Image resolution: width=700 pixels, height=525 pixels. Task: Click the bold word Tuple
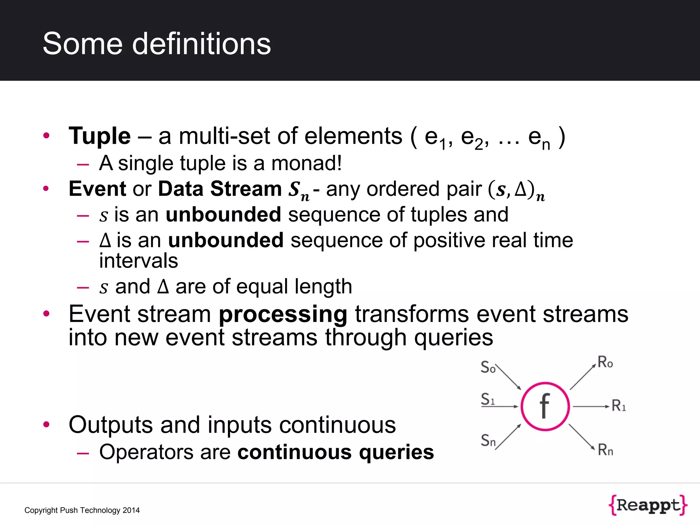tap(99, 136)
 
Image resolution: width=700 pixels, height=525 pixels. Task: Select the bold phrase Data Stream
tap(220, 189)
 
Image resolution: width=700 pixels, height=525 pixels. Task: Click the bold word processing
tap(283, 314)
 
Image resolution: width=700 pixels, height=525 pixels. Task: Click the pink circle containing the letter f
tap(545, 406)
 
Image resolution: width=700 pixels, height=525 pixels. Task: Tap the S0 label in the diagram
tap(488, 367)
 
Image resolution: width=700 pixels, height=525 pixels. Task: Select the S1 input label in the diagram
tap(488, 399)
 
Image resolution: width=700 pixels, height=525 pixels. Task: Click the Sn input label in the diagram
tap(488, 440)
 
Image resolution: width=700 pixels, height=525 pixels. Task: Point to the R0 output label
tap(605, 362)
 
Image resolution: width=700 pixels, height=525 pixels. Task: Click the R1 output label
tap(619, 406)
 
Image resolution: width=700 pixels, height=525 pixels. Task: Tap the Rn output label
tap(605, 450)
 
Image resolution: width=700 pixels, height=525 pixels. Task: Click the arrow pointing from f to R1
tap(591, 406)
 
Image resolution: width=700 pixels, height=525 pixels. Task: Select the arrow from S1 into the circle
tap(506, 406)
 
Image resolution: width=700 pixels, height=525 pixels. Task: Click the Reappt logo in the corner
tap(648, 505)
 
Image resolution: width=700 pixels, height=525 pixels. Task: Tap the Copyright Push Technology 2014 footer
tap(82, 510)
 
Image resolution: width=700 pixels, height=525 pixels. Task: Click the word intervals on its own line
tap(138, 261)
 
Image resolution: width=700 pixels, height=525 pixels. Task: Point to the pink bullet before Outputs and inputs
tap(46, 424)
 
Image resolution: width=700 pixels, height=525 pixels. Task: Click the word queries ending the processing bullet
tap(454, 338)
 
